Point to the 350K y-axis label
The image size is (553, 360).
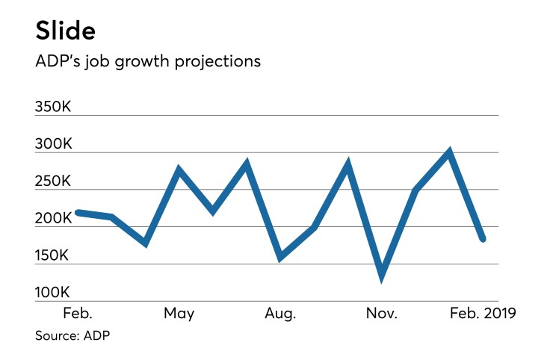[x=53, y=108]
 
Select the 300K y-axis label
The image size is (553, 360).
[x=53, y=145]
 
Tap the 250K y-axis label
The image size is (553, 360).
[x=53, y=181]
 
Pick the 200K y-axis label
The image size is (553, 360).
[x=53, y=219]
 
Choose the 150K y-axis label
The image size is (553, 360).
[x=53, y=256]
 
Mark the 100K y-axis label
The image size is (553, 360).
[x=53, y=293]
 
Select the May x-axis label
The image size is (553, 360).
[x=179, y=313]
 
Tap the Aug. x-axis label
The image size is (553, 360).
[x=280, y=313]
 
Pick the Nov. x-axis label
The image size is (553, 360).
[x=381, y=313]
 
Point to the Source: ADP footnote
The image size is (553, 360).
[x=72, y=336]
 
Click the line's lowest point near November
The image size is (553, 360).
[x=382, y=277]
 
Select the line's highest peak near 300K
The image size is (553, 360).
[x=449, y=152]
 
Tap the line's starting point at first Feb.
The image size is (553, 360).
[x=78, y=213]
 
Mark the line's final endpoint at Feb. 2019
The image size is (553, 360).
[x=483, y=239]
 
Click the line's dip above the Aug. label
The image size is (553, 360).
[x=281, y=257]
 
